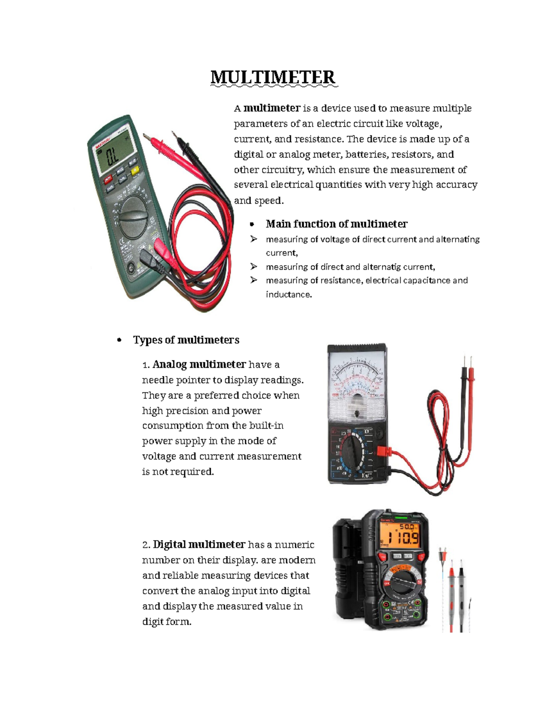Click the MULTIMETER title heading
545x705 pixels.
273,78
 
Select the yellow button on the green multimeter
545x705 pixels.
135,171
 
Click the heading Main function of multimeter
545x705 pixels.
337,224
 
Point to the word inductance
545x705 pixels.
289,295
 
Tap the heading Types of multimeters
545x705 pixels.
186,340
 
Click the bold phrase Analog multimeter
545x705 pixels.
199,365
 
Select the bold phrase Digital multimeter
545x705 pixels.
199,545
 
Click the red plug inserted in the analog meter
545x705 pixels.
383,451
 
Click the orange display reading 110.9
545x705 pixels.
400,538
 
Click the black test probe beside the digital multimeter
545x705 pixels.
461,595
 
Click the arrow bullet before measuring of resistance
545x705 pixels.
253,280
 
